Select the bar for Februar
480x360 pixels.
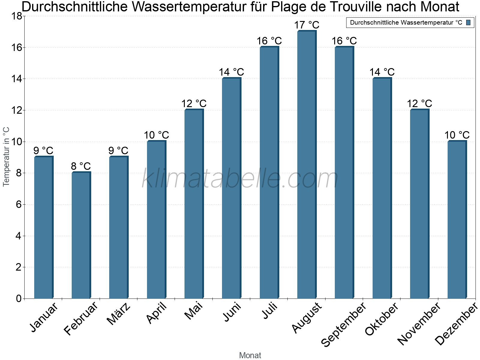tap(81, 235)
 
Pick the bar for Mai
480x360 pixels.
tap(194, 204)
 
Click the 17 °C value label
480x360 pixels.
tap(307, 25)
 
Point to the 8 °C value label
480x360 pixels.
tap(81, 166)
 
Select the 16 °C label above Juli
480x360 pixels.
tap(269, 41)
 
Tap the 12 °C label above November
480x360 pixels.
tap(419, 104)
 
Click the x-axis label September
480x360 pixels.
tap(344, 324)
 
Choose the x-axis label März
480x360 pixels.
tap(119, 314)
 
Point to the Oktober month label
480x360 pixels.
tap(382, 319)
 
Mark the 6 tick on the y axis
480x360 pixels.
tap(19, 205)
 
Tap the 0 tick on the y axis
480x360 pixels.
tap(19, 298)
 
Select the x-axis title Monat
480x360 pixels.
tap(250, 355)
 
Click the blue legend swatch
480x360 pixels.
tap(469, 22)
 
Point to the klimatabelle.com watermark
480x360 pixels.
tap(240, 179)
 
